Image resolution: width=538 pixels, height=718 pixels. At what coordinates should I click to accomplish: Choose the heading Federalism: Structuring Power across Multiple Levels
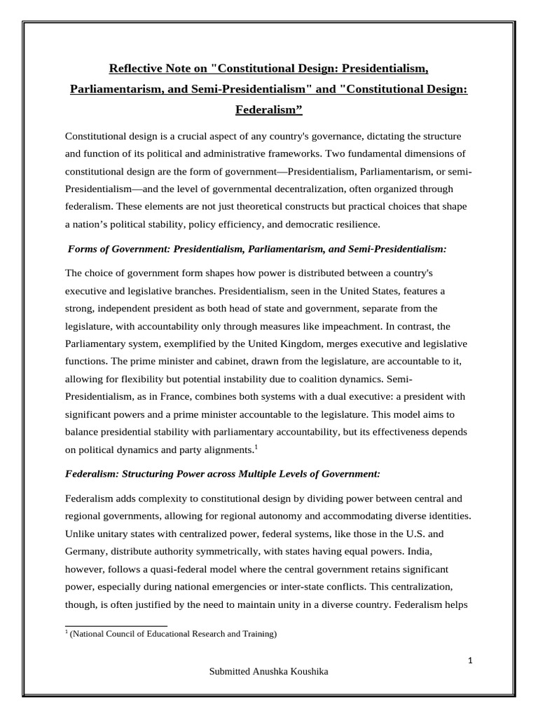[223, 474]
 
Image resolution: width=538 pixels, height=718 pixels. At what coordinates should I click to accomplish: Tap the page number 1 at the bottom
[471, 661]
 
